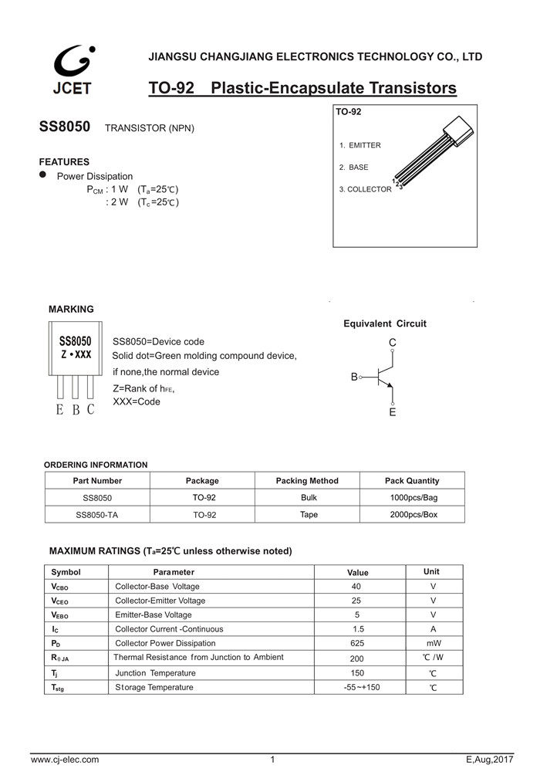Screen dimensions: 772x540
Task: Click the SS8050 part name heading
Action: (65, 127)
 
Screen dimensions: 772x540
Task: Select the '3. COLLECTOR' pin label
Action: (365, 189)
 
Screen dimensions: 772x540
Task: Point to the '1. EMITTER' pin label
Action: (360, 145)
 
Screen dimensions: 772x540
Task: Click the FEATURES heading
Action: (64, 162)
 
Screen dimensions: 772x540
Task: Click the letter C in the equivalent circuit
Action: (393, 342)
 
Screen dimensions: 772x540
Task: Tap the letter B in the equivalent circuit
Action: (354, 377)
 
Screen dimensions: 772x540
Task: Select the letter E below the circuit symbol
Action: (393, 413)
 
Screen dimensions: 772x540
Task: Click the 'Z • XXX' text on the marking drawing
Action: (76, 354)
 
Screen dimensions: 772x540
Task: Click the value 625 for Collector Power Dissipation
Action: (357, 643)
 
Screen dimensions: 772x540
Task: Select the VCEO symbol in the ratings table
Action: (62, 600)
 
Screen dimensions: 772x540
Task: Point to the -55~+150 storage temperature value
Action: (362, 687)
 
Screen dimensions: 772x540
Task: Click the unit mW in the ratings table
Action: (434, 643)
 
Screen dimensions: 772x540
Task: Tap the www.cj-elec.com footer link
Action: (65, 760)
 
